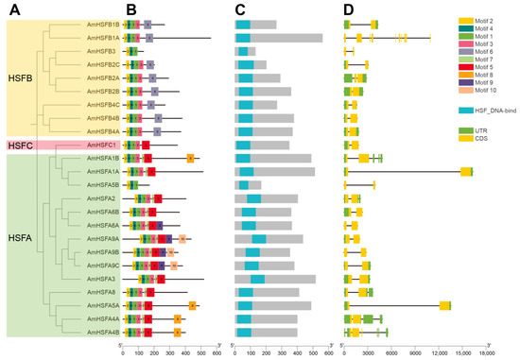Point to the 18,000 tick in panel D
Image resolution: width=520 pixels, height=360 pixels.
pos(486,351)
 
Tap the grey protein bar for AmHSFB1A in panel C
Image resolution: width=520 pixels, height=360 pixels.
pos(284,38)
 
